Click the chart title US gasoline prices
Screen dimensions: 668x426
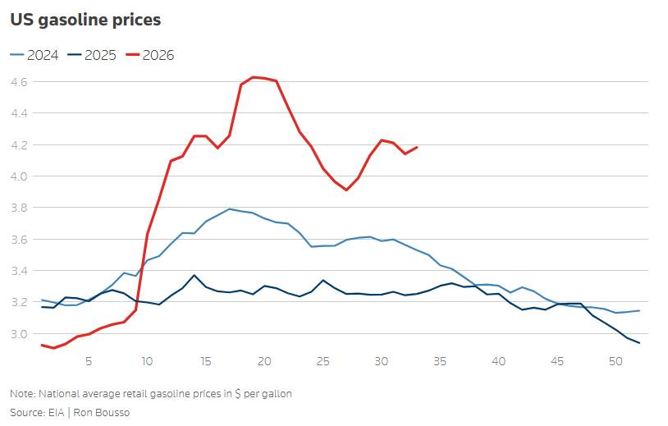click(85, 20)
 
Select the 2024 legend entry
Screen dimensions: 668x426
click(34, 55)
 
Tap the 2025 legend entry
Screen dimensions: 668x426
click(92, 55)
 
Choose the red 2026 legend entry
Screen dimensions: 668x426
click(150, 55)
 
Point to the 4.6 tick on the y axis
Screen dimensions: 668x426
click(18, 81)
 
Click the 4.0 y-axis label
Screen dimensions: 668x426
click(18, 176)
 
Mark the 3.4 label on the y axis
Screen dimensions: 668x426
click(18, 271)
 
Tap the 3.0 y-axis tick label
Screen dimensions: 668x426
click(18, 333)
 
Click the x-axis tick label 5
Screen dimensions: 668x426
click(88, 361)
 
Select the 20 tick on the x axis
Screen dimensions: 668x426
click(264, 361)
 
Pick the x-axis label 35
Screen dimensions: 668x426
click(440, 361)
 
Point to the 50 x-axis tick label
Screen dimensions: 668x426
click(616, 361)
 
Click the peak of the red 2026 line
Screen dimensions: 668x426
click(253, 77)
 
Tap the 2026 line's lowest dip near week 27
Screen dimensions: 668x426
click(346, 190)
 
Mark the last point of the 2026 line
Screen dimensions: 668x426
click(417, 148)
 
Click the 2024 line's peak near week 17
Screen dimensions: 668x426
click(229, 208)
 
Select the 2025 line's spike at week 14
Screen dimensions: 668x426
click(194, 275)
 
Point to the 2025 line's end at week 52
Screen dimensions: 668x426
click(639, 342)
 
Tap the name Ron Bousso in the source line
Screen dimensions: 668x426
click(102, 412)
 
